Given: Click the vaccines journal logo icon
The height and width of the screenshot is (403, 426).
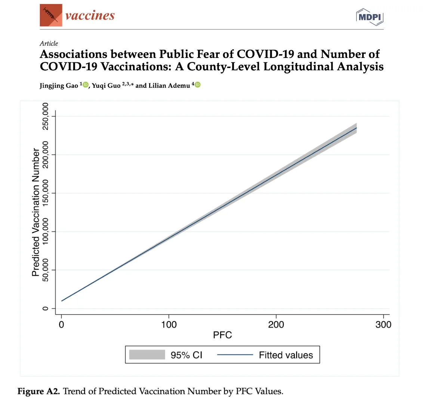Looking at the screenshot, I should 51,16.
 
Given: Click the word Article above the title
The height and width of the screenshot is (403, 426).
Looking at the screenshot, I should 49,43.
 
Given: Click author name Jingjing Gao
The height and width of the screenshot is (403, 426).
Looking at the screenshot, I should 59,86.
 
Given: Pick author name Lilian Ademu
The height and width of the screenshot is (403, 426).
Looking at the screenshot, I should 169,86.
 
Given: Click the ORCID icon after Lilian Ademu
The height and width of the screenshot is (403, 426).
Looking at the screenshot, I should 198,85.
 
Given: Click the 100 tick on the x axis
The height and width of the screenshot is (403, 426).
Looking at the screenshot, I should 169,324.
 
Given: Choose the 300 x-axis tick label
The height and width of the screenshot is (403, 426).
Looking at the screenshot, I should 383,324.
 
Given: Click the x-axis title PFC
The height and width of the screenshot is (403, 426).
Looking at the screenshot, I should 222,335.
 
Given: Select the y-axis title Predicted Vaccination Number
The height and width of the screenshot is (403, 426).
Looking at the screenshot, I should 36,212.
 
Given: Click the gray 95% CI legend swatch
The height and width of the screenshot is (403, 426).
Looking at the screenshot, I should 147,355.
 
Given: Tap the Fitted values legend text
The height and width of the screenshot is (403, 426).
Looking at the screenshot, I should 286,355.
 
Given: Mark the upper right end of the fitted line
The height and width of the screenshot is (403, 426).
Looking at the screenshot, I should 356,128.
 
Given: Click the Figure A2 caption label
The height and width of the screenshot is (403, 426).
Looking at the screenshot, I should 38,391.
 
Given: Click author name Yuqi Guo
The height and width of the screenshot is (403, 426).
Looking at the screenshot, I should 106,86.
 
